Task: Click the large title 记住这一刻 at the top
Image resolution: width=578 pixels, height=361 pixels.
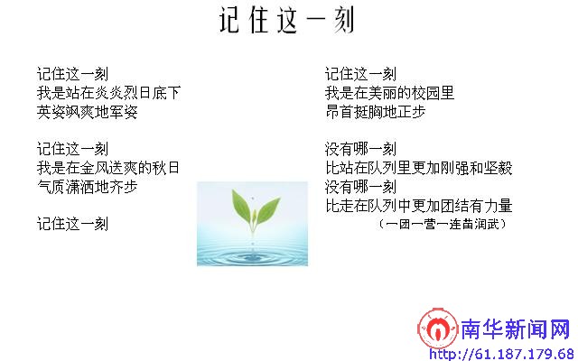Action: [x=286, y=20]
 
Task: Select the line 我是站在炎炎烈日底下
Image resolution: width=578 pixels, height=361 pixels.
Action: [x=108, y=93]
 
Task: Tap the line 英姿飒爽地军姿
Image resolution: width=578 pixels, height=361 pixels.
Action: [x=88, y=112]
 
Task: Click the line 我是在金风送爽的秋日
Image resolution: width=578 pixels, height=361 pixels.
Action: [x=108, y=168]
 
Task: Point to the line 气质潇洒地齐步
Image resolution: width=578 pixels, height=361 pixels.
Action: [x=88, y=187]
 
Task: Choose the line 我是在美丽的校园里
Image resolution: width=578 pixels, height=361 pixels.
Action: [x=389, y=93]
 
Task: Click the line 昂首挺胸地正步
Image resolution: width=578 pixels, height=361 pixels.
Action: [x=376, y=112]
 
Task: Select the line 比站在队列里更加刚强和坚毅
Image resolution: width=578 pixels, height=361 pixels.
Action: [x=419, y=168]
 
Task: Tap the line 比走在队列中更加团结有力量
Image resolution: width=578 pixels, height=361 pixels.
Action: [x=419, y=206]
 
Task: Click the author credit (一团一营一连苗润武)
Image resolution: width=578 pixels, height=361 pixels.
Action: [x=443, y=224]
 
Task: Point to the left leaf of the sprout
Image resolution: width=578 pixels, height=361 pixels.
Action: [x=242, y=206]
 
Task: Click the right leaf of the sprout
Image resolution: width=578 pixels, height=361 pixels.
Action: [x=268, y=210]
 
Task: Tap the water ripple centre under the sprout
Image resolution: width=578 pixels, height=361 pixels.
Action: [x=253, y=258]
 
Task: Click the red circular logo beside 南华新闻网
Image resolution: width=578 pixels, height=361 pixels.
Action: [x=437, y=329]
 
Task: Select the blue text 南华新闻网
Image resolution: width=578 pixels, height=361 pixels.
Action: [x=516, y=329]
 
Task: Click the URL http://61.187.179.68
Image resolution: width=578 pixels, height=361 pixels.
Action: [x=503, y=355]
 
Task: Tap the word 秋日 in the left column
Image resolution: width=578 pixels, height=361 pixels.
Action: [x=165, y=168]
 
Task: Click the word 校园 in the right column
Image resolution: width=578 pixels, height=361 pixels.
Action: [x=425, y=93]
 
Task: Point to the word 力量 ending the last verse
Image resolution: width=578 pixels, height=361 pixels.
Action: [x=498, y=206]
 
